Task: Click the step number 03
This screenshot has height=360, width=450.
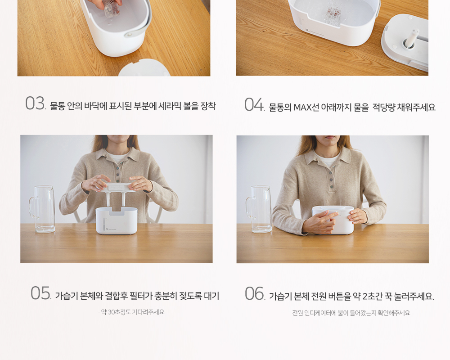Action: coord(35,103)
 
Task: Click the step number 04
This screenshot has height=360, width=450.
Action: coord(254,104)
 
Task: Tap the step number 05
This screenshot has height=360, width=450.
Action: coord(41,293)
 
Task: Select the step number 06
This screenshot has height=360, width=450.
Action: coord(255,293)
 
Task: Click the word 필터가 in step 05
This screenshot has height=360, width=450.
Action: coord(140,296)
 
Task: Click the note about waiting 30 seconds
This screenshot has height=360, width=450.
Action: coord(131,312)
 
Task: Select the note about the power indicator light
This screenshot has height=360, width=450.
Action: coord(349,313)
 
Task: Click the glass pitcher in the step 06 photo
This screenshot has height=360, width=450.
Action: coord(258,209)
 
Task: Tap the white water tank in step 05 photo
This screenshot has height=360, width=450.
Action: coord(117,221)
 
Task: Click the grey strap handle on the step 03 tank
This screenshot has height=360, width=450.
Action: coord(138,29)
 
